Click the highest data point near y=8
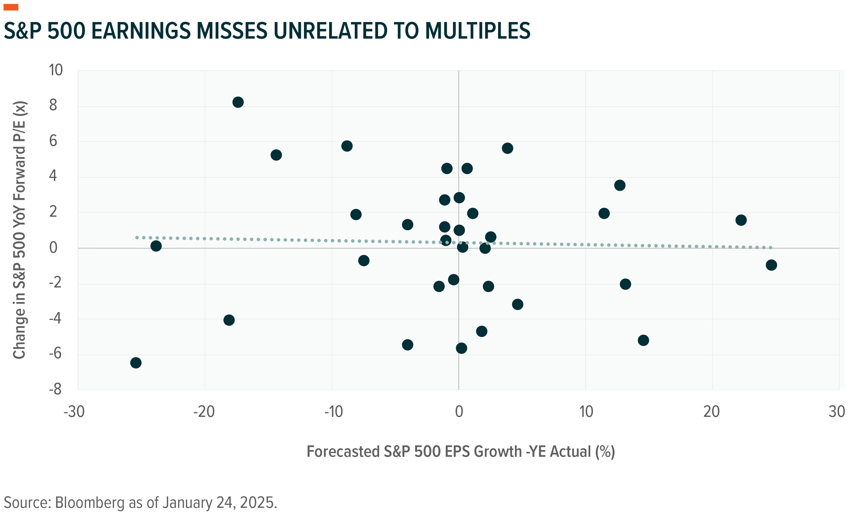[x=238, y=102]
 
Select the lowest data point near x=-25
[x=136, y=363]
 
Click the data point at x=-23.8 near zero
[x=156, y=246]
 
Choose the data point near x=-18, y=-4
[x=229, y=320]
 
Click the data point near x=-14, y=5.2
[x=276, y=155]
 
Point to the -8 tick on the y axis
[x=55, y=389]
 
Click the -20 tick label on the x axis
[x=204, y=412]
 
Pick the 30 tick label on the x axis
[x=837, y=412]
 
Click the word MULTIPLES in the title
[x=477, y=31]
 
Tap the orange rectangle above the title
[x=11, y=7]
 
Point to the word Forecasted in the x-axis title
[x=343, y=452]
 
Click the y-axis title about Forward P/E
[x=20, y=230]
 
